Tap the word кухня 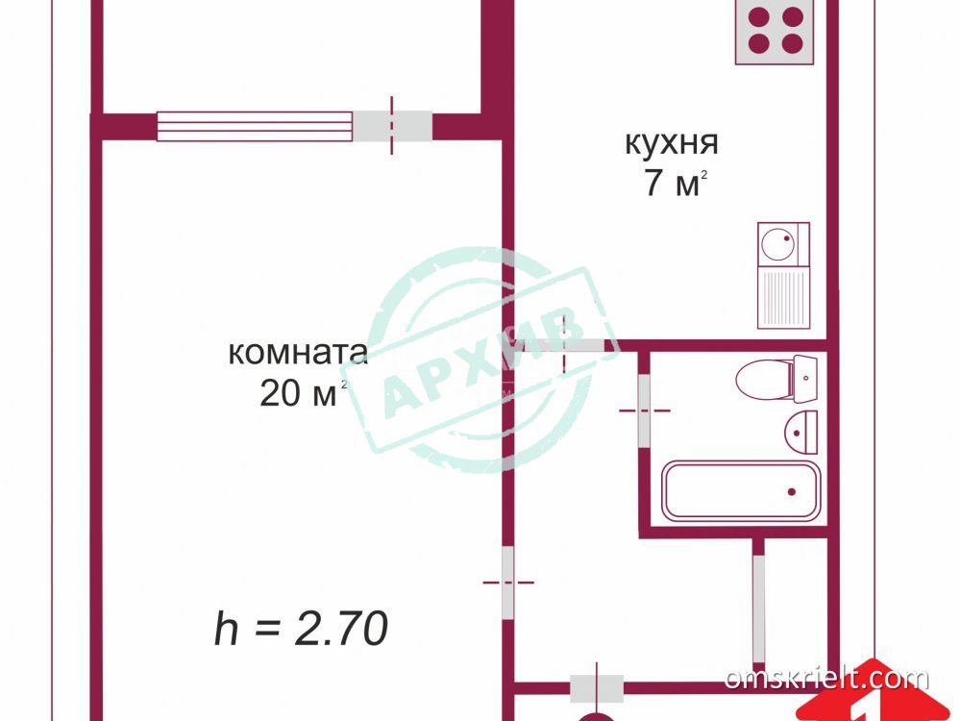(672, 143)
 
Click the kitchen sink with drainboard (784, 275)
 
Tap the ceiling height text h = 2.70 (301, 628)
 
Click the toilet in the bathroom (776, 379)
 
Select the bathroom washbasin (801, 433)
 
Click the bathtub (742, 491)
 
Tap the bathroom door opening (644, 410)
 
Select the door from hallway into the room (508, 583)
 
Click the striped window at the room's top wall (255, 126)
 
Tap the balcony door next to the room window (392, 126)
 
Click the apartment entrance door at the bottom (597, 688)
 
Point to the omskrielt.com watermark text (826, 679)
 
